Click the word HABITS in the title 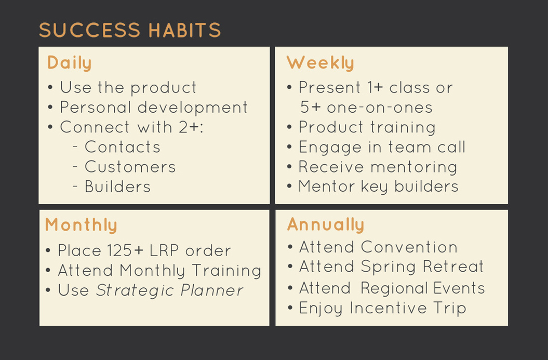(x=184, y=30)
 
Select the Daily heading (x=69, y=63)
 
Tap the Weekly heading (x=320, y=63)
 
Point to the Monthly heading (x=81, y=225)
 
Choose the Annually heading (x=326, y=224)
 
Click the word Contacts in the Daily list (x=122, y=147)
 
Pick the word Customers (x=130, y=167)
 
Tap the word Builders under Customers (x=117, y=186)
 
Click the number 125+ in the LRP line (x=126, y=250)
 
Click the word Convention (x=409, y=247)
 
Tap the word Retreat (x=453, y=266)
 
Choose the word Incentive (x=389, y=308)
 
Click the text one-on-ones (x=380, y=108)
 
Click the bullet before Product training (x=289, y=127)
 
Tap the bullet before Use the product (x=50, y=87)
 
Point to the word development (x=193, y=108)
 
